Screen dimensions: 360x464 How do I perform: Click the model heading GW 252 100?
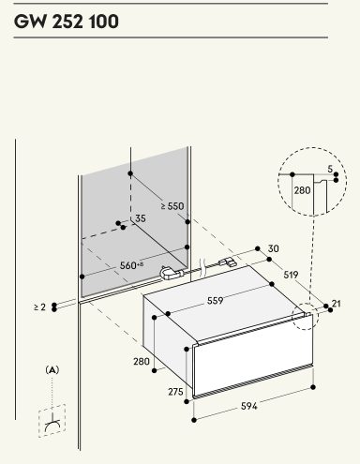(67, 22)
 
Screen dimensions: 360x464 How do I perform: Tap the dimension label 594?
(249, 406)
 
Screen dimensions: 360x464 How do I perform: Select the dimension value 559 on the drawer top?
(216, 301)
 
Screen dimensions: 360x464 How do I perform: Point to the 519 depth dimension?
(291, 275)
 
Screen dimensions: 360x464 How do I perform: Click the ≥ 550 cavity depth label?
(172, 206)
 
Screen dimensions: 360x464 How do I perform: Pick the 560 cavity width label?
(131, 265)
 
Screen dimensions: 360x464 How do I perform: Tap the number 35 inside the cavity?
(141, 218)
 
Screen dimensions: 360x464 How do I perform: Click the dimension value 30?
(274, 248)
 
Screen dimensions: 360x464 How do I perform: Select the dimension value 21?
(337, 304)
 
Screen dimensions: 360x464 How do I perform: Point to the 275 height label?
(175, 392)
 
